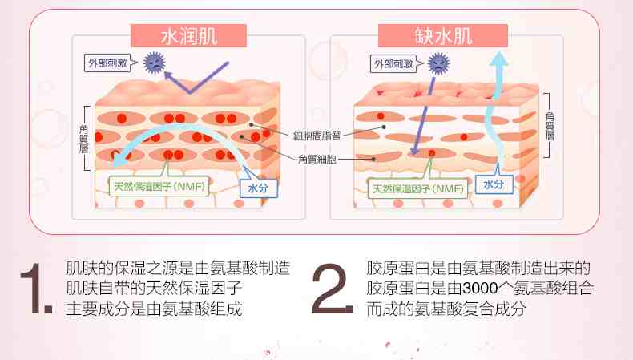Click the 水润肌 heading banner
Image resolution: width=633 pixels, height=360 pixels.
tap(188, 35)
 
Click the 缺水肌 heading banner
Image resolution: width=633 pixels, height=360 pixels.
tap(443, 35)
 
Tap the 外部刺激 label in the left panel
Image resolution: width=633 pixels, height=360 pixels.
tap(107, 63)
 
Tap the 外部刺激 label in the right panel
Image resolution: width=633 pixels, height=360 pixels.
tap(393, 64)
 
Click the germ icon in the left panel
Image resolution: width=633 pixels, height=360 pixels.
tap(154, 63)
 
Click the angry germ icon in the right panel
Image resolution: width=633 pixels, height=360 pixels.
tap(438, 63)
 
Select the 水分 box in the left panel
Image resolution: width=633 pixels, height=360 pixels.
tap(258, 188)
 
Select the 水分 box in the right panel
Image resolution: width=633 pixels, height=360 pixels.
tap(494, 184)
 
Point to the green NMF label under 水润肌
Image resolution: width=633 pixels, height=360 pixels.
tap(159, 187)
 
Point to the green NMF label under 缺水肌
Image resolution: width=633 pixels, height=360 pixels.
tap(417, 188)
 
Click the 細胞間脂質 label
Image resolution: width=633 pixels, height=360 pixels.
tap(317, 136)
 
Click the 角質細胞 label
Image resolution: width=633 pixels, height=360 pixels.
tap(317, 160)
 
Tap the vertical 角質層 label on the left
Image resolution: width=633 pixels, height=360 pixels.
tap(83, 139)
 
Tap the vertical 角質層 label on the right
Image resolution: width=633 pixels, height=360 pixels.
tap(550, 126)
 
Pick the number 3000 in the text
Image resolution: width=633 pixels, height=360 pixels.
tap(480, 289)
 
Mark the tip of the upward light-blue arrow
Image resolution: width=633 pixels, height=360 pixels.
tap(499, 52)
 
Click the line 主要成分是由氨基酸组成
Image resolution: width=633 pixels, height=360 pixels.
tap(154, 309)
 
